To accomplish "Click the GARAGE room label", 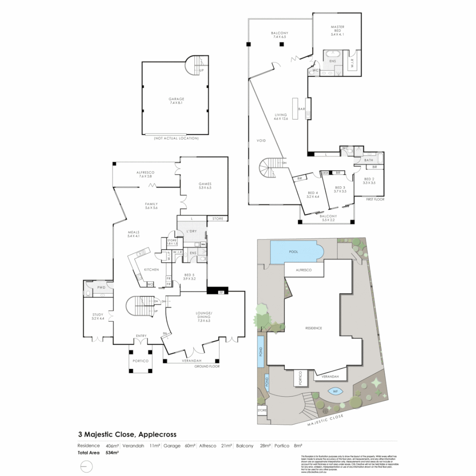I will click(x=176, y=99).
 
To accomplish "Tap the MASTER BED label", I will click(x=337, y=27).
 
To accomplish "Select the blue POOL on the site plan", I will click(x=294, y=252).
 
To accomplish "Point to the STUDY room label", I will click(x=97, y=315).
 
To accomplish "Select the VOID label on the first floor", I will click(x=262, y=141).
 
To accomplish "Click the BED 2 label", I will click(x=369, y=179).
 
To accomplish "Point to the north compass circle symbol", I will click(x=87, y=466).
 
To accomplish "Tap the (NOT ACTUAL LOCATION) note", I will click(x=176, y=138).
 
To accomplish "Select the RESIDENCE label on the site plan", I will click(x=314, y=328).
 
